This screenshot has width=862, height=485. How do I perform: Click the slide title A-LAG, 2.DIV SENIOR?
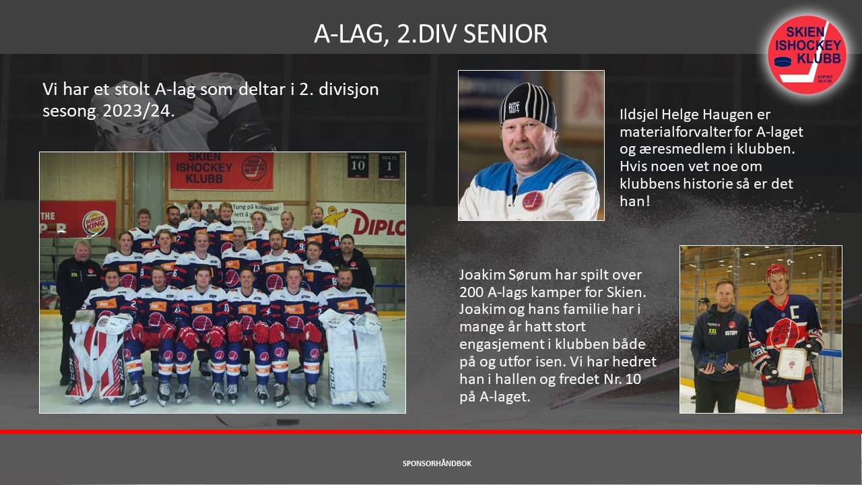[x=430, y=34]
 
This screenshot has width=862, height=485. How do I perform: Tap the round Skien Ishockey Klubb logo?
[x=807, y=55]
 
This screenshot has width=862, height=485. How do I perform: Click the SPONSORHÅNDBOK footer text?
[x=437, y=463]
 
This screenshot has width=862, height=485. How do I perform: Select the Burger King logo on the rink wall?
[x=95, y=223]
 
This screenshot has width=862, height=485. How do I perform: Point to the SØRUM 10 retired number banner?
[x=358, y=166]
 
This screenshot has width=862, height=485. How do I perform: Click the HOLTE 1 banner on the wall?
[x=389, y=166]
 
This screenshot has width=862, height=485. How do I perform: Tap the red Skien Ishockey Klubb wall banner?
[x=222, y=171]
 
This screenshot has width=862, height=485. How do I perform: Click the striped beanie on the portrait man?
[x=527, y=106]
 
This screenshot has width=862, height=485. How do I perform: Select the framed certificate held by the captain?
[x=792, y=363]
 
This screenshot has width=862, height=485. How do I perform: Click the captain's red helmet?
[x=776, y=271]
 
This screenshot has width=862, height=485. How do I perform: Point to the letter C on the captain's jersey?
[x=803, y=309]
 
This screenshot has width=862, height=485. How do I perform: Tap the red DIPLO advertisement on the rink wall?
[x=378, y=224]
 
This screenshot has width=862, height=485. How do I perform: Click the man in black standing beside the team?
[x=77, y=308]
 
